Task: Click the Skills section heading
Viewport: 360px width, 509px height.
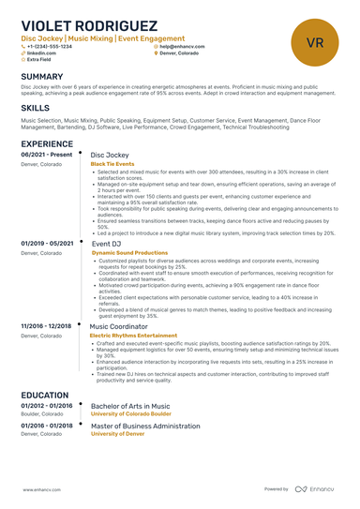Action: [x=36, y=108]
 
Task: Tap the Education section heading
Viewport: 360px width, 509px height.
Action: [x=44, y=396]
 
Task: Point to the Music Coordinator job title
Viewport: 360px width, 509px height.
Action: [x=122, y=325]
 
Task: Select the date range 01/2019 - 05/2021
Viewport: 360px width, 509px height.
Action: [x=47, y=243]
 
